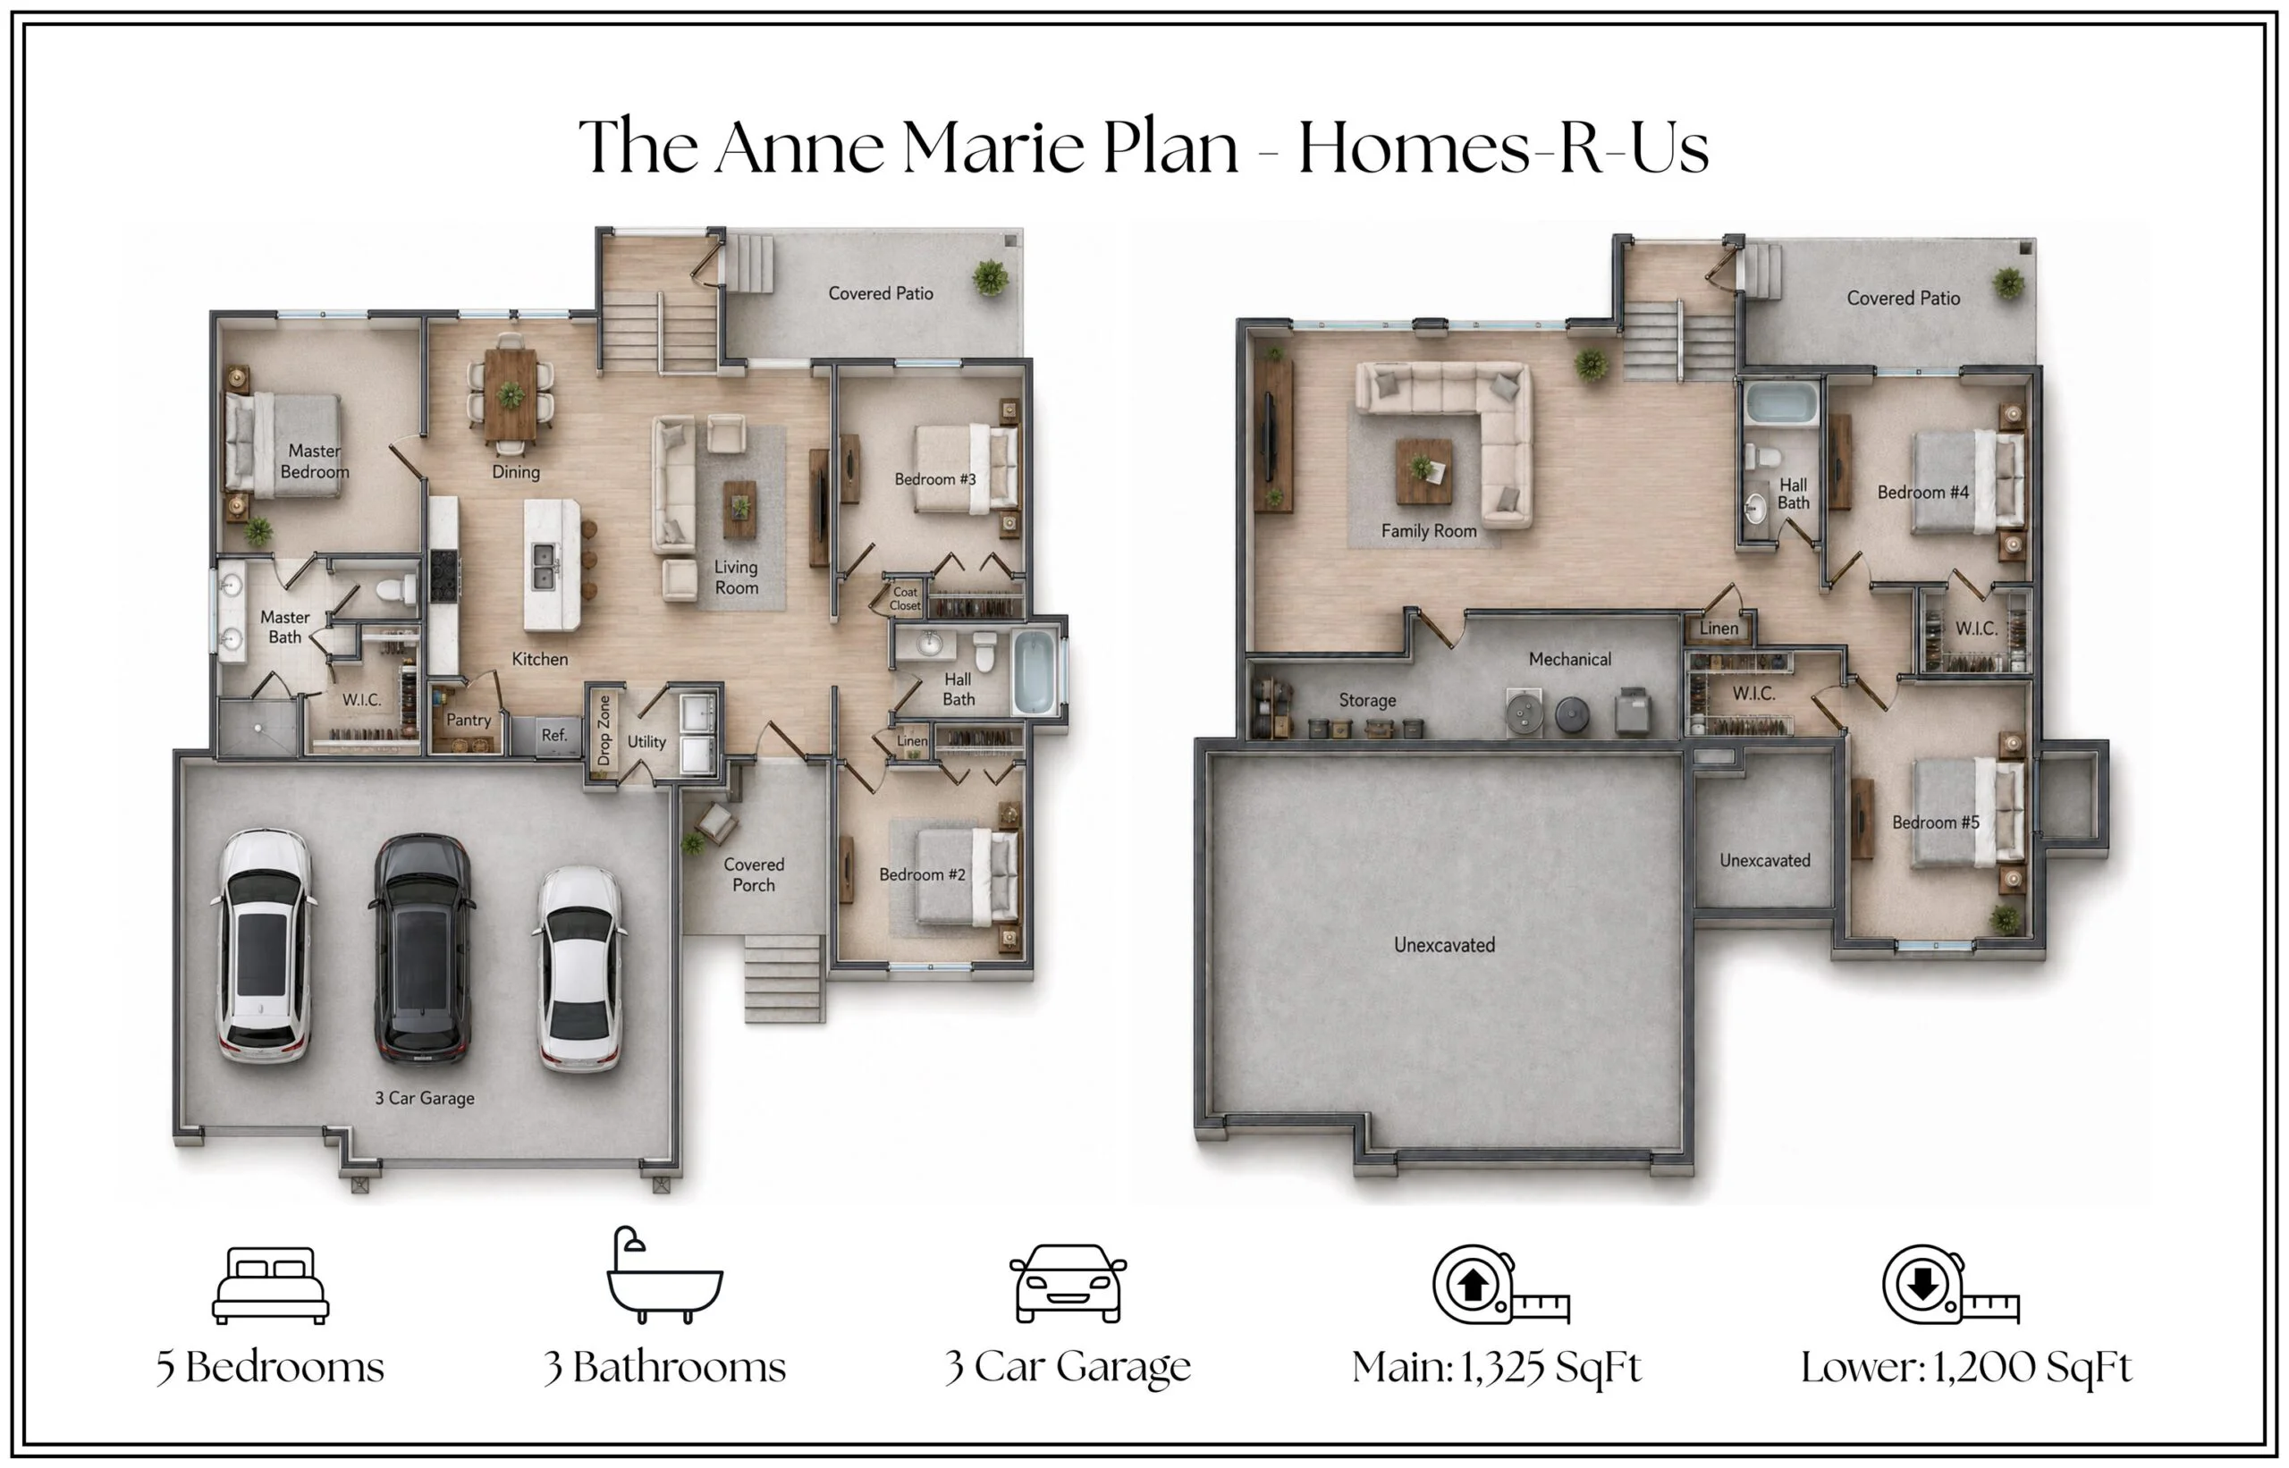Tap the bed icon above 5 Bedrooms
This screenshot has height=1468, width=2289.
270,1285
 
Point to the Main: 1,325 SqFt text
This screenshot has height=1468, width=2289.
1496,1367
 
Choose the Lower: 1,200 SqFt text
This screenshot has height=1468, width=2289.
1966,1367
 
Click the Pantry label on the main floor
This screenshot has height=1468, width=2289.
469,720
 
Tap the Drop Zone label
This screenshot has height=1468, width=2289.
604,730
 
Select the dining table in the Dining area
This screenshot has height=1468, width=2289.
511,392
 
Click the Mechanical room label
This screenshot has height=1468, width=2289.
1569,659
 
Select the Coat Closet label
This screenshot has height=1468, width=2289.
905,599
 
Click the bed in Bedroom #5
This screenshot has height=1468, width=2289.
1967,812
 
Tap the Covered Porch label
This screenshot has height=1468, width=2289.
753,874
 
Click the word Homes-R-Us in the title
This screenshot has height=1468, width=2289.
1503,148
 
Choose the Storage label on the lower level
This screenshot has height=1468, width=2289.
1367,700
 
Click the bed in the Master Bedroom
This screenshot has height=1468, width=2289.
283,445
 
